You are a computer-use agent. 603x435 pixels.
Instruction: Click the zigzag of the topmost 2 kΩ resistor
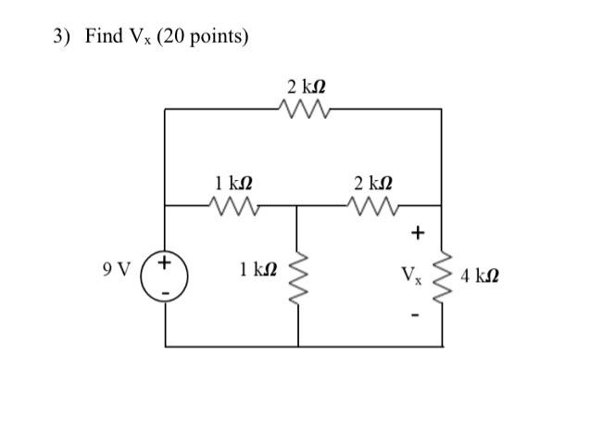click(x=303, y=109)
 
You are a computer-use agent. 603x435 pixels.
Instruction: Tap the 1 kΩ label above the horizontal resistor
click(x=232, y=182)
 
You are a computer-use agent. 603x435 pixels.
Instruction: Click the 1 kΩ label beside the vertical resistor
click(x=257, y=270)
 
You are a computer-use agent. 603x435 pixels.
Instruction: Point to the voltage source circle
click(x=165, y=275)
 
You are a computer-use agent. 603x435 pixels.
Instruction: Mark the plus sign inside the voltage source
click(x=165, y=262)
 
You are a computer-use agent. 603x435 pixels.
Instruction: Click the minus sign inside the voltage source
click(x=165, y=290)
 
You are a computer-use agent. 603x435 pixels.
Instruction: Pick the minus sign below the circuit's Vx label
click(x=416, y=315)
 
